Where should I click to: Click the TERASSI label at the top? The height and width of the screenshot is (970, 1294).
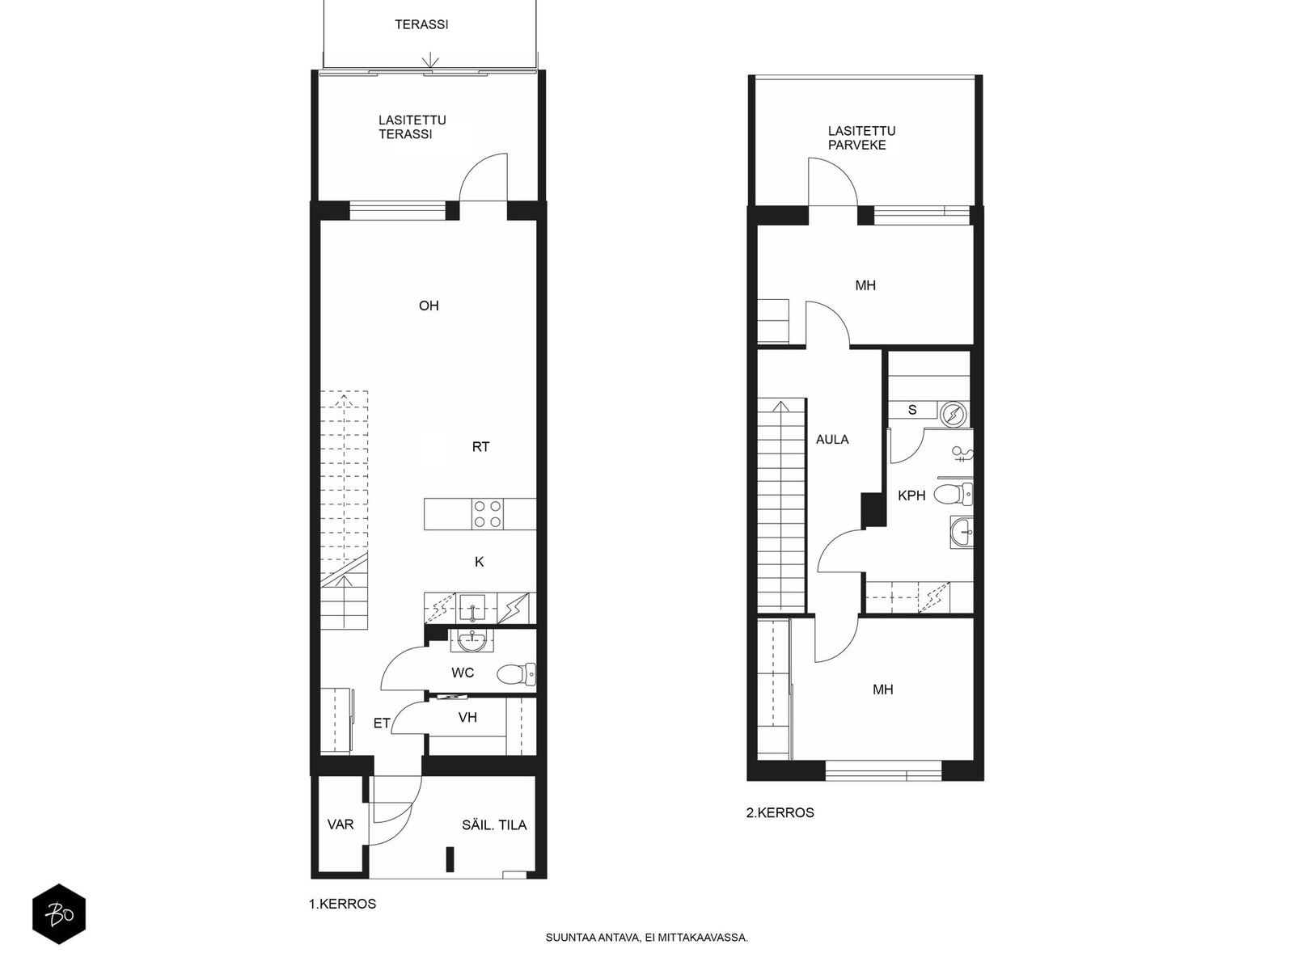click(421, 24)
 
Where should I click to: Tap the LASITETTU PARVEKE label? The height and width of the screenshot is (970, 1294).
click(861, 138)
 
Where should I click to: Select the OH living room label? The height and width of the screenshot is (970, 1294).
click(429, 306)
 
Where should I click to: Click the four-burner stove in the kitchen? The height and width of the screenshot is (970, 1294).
click(488, 514)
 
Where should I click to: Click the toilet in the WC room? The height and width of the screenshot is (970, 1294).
click(516, 673)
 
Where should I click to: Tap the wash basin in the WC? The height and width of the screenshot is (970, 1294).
click(472, 642)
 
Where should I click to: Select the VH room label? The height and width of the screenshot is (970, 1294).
click(467, 717)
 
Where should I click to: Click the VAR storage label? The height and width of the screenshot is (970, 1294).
click(340, 824)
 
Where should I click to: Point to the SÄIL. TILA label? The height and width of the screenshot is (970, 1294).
click(494, 825)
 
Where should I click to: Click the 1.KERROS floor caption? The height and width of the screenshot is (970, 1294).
click(342, 904)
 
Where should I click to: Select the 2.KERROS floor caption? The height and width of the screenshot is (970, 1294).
click(780, 812)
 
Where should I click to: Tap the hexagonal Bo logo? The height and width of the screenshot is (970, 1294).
click(59, 915)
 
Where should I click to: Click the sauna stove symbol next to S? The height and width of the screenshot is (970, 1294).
click(954, 414)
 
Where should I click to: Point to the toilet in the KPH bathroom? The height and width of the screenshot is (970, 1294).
click(954, 493)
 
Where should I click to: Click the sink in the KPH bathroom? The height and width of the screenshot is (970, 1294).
click(962, 532)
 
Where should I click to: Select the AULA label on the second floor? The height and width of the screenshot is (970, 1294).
click(832, 440)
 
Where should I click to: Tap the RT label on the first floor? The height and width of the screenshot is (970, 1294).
click(480, 446)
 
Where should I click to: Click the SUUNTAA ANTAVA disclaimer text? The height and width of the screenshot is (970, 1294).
click(646, 938)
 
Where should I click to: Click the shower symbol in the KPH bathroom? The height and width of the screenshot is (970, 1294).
click(962, 454)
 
